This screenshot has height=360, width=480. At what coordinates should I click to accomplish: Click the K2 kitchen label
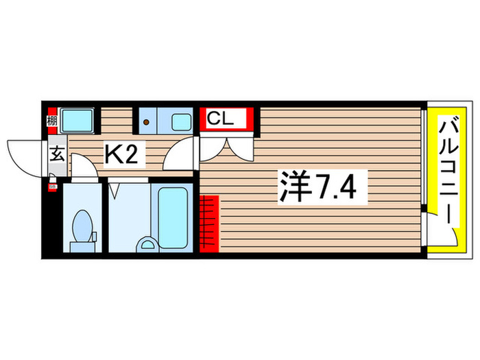(124, 154)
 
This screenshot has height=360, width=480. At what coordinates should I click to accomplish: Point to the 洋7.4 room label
(316, 186)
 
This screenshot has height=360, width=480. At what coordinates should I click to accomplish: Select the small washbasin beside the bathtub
(146, 243)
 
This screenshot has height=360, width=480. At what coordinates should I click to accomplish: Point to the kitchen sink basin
(181, 123)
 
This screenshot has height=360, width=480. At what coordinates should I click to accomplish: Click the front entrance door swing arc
(26, 155)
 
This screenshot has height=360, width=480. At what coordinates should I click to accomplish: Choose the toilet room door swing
(83, 166)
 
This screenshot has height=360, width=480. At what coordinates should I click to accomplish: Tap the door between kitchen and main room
(182, 152)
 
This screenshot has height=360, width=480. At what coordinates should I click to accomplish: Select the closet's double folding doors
(227, 146)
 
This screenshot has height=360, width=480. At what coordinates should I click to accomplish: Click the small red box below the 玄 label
(52, 186)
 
